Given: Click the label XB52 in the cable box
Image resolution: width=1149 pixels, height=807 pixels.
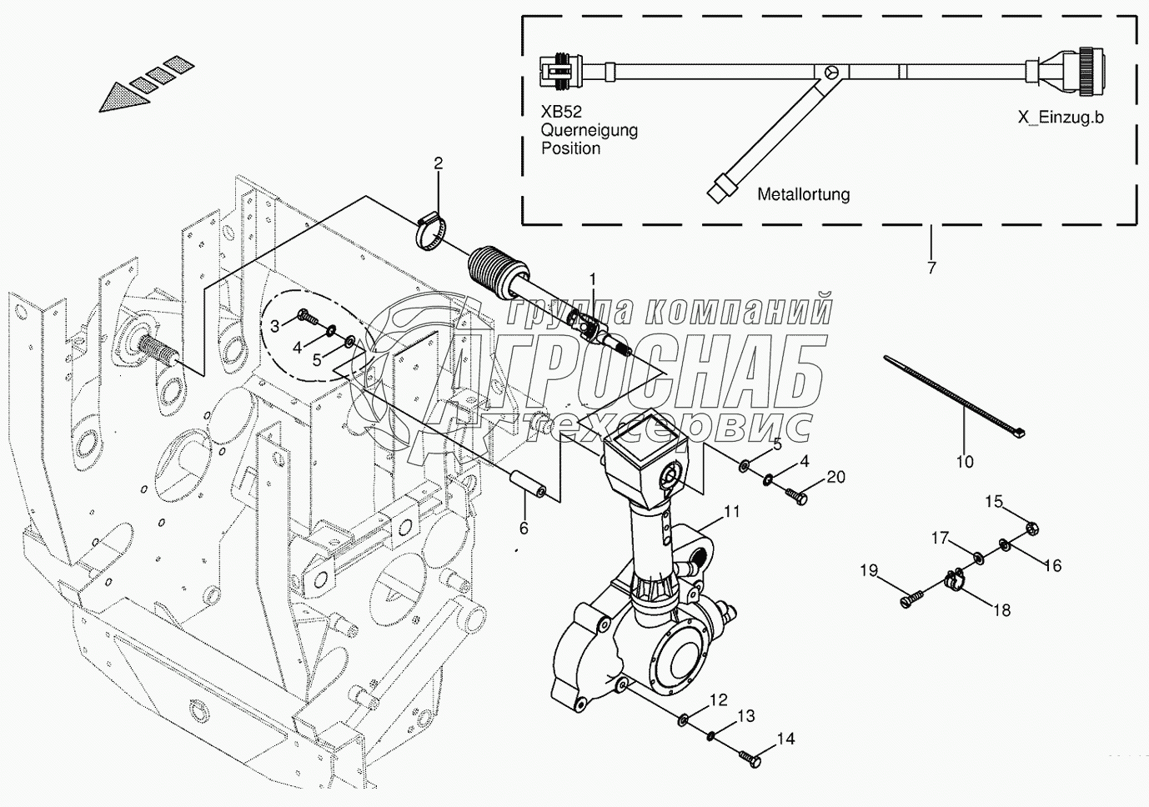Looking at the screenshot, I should [561, 113].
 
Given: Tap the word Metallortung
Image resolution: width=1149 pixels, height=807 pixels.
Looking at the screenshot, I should [803, 194].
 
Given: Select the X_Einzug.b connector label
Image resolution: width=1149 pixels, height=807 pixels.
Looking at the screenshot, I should [1060, 118].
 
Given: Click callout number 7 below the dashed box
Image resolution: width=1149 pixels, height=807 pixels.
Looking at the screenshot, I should [931, 268].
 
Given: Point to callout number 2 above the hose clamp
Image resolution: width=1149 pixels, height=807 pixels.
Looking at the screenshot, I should [439, 163].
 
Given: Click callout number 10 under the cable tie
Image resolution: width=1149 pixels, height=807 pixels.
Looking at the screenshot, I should [964, 461].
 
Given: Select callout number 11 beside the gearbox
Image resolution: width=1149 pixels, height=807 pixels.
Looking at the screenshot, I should [731, 512].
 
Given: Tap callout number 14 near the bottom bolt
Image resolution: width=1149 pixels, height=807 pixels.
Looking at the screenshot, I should [786, 739].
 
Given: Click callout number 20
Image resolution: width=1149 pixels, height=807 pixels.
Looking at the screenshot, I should [835, 477].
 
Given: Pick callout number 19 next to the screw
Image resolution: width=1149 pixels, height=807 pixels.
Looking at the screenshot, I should [869, 570].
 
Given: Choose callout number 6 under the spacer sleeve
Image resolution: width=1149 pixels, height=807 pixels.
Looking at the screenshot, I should [524, 528].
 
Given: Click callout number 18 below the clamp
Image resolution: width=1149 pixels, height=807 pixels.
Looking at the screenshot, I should [1001, 609].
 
